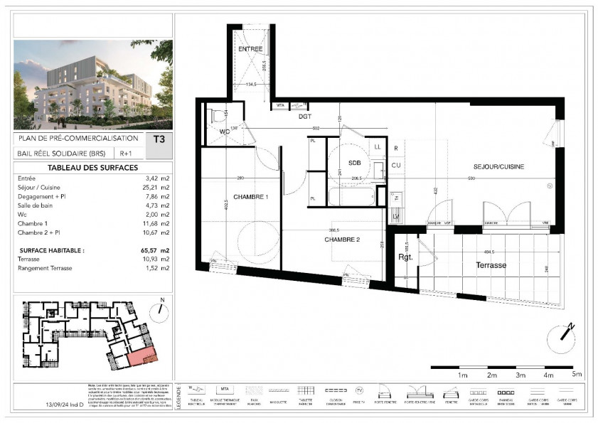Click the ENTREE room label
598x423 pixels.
click(x=250, y=49)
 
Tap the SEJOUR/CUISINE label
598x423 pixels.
click(x=498, y=166)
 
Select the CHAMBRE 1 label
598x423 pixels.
click(x=250, y=197)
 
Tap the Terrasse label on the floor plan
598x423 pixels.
click(x=491, y=264)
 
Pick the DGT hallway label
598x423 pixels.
click(x=305, y=115)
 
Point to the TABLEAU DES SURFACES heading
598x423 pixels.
click(x=92, y=168)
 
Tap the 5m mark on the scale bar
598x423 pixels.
click(x=577, y=374)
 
